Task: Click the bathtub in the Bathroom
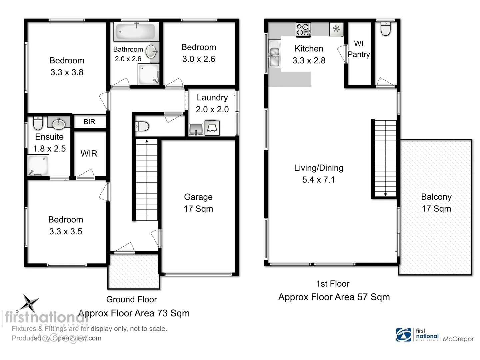coord(135,32)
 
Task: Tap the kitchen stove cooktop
coord(303,29)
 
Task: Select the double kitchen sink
coord(274,57)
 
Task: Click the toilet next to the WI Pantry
coord(386,29)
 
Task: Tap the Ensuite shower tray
coord(38,165)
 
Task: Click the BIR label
coord(89,122)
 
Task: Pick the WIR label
coord(89,154)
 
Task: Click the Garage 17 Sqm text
coord(198,209)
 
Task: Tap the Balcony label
coord(436,197)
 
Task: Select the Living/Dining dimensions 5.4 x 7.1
coord(318,180)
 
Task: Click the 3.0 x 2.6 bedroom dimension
coord(199,59)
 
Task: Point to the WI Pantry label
coord(359,49)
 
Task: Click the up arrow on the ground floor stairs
coord(147,142)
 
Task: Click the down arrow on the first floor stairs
coord(386,194)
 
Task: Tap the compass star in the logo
coord(30,303)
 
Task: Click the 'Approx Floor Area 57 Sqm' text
coord(334,297)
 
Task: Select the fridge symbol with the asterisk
coord(337,29)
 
